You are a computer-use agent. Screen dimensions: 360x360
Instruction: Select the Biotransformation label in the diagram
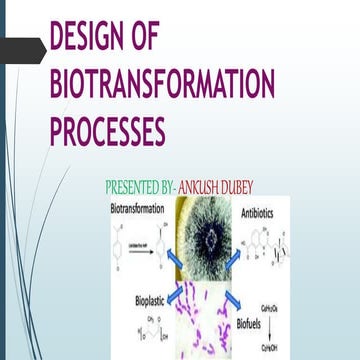tap(138, 211)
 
